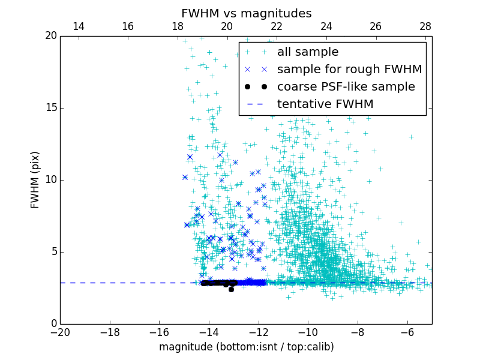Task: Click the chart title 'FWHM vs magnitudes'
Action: (x=246, y=13)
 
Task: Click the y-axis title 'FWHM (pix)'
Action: (x=35, y=180)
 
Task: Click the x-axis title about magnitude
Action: (x=246, y=347)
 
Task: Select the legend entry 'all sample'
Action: (x=308, y=52)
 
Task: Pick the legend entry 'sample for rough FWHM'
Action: (x=349, y=70)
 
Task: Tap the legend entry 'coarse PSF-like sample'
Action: (x=346, y=87)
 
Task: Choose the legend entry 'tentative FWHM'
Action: (x=325, y=104)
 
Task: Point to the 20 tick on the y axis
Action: (x=50, y=36)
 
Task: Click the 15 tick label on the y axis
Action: (x=50, y=108)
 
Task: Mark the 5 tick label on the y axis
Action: (x=53, y=252)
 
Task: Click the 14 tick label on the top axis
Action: (x=79, y=26)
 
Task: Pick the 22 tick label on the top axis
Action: (x=277, y=26)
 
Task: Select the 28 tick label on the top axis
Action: (x=425, y=26)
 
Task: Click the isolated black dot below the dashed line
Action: (x=231, y=289)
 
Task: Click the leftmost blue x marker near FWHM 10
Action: (x=185, y=177)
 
